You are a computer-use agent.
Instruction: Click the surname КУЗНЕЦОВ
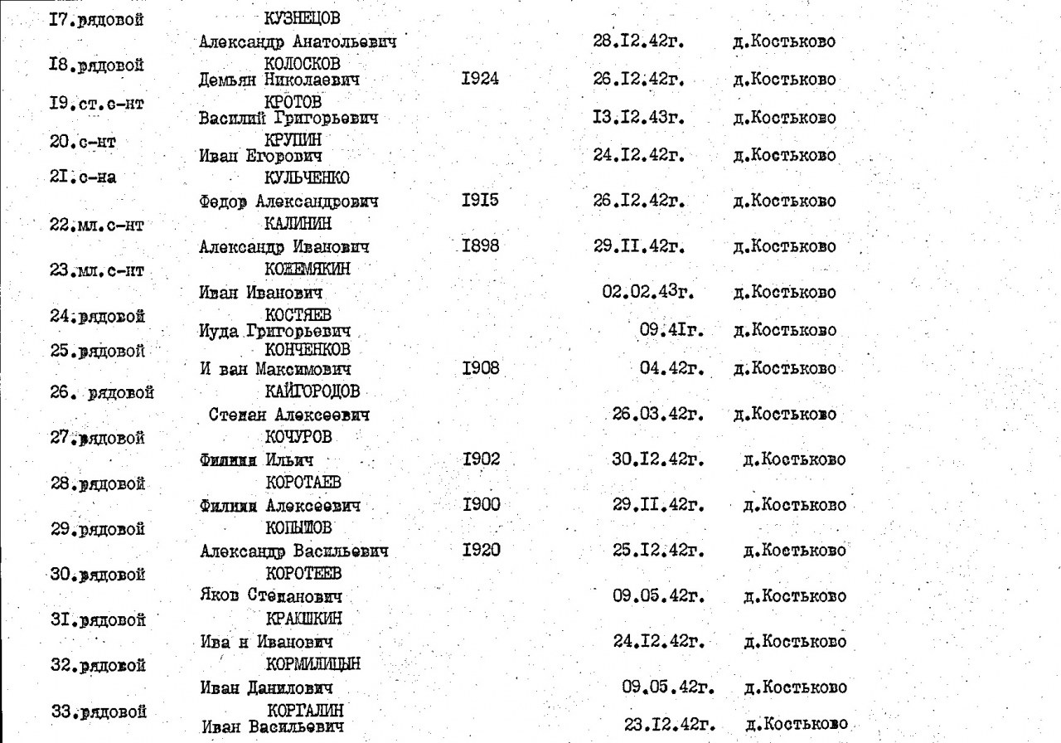303,19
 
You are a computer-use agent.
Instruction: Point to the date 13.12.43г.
639,118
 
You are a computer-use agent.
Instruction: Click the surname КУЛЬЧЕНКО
307,177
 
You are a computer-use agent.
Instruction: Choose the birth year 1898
481,246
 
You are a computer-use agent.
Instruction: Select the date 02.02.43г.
649,292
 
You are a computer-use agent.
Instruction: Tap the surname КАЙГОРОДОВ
313,391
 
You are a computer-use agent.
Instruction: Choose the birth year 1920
481,549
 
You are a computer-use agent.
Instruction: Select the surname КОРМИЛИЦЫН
313,664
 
